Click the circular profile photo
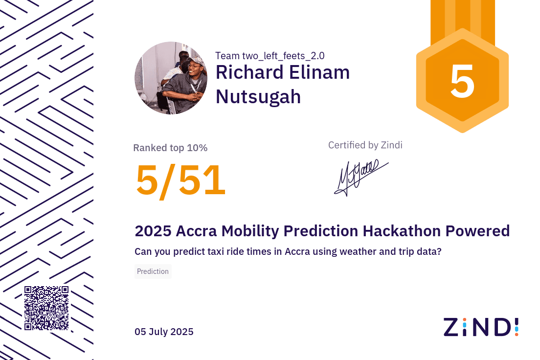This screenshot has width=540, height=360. [171, 78]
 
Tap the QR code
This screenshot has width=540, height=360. [46, 308]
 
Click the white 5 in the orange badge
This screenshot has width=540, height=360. [462, 82]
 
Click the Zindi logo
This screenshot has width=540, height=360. [481, 327]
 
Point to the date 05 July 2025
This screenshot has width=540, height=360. [164, 332]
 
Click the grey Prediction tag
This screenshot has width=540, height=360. [153, 271]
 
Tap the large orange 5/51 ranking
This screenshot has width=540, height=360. [180, 180]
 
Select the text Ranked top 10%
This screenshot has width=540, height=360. [170, 148]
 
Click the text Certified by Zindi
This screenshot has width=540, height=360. [365, 145]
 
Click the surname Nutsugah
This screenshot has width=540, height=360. [258, 96]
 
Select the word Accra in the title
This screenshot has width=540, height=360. [196, 231]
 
